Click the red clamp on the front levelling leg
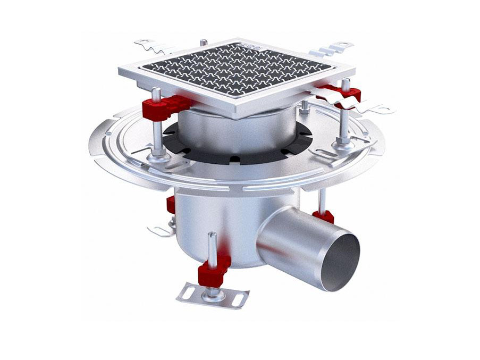pos(214,269)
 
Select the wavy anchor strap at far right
pos(367,106)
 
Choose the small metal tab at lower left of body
pos(159,230)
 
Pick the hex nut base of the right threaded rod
pos(343,141)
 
